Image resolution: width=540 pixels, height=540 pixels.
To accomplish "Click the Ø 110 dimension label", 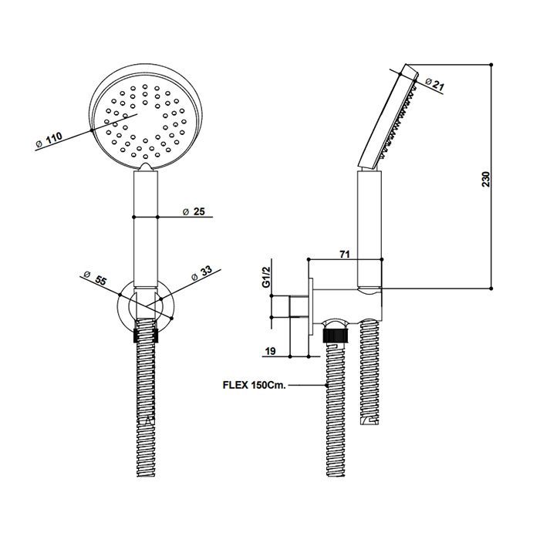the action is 49,141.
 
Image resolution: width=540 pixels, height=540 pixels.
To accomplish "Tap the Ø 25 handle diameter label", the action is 194,211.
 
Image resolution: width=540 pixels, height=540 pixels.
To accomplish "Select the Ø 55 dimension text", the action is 95,278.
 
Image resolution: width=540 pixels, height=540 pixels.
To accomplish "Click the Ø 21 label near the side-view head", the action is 434,83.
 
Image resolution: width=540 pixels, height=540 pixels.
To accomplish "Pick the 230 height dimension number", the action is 485,179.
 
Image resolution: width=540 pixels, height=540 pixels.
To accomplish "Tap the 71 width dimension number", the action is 344,254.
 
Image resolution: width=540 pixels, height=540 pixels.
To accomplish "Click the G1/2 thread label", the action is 266,277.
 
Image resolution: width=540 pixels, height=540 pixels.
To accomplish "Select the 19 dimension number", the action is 271,351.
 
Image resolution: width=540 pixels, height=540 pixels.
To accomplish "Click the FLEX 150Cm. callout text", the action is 255,385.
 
